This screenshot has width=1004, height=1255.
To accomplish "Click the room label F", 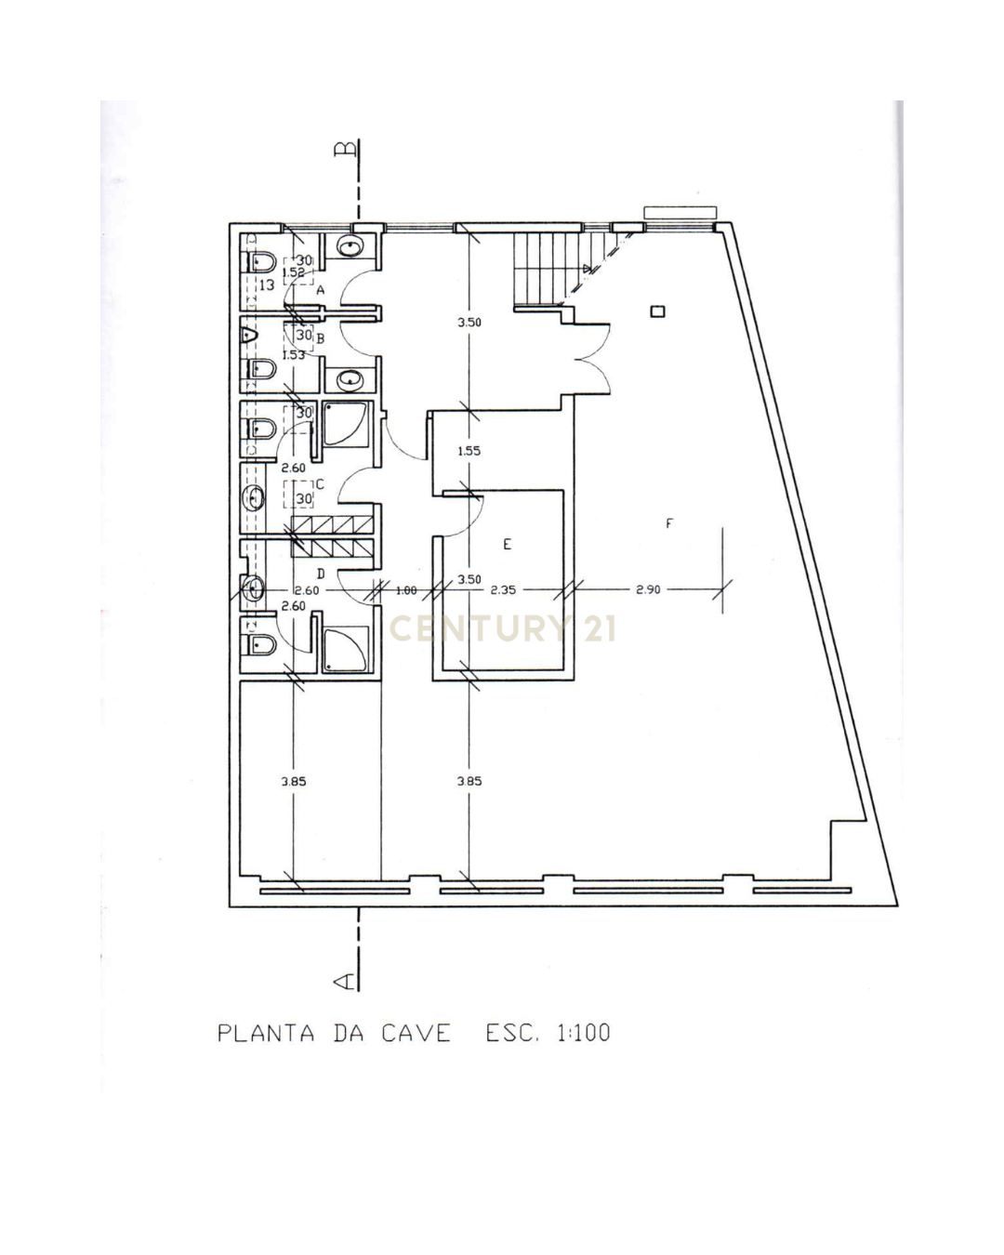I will [668, 524].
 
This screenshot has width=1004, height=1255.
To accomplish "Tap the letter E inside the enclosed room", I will [507, 545].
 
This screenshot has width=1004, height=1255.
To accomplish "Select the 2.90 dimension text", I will [648, 589].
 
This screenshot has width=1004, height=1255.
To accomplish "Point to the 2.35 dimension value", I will [503, 589].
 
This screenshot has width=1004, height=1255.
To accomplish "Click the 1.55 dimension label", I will [469, 451].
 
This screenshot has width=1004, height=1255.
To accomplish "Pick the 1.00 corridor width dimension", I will [405, 590].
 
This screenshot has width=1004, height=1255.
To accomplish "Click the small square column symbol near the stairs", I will [657, 312].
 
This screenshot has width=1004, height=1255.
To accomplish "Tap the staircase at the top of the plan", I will [548, 268].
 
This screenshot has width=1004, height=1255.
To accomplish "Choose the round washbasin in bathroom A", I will [350, 247].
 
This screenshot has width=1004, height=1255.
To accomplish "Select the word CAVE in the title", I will [416, 1033].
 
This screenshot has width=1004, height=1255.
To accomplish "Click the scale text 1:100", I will [583, 1033].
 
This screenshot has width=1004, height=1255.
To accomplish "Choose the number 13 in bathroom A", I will [266, 285].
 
